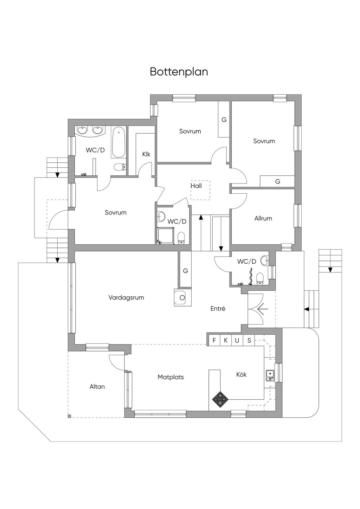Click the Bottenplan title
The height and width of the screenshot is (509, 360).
pyautogui.click(x=179, y=72)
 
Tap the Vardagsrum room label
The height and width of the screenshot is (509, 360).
pyautogui.click(x=126, y=297)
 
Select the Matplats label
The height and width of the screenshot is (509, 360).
pyautogui.click(x=171, y=377)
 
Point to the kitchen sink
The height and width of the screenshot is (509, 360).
pyautogui.click(x=270, y=375)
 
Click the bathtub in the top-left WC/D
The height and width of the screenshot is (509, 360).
pyautogui.click(x=118, y=142)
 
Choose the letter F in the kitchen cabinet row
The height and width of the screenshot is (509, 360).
pyautogui.click(x=214, y=340)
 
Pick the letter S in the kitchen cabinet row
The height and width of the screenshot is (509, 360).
pyautogui.click(x=249, y=340)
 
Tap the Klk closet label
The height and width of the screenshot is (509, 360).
pyautogui.click(x=146, y=154)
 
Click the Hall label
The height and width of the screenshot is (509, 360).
pyautogui.click(x=196, y=186)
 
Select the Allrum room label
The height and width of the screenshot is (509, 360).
pyautogui.click(x=263, y=218)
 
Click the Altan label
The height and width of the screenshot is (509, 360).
pyautogui.click(x=97, y=386)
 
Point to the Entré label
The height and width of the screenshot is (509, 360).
pyautogui.click(x=218, y=308)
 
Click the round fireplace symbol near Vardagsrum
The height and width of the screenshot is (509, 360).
pyautogui.click(x=182, y=298)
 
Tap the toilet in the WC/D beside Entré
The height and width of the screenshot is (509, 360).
pyautogui.click(x=260, y=278)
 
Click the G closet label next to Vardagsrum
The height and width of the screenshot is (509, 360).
pyautogui.click(x=185, y=271)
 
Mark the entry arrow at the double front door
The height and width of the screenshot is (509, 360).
pyautogui.click(x=262, y=309)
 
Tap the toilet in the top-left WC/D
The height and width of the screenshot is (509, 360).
pyautogui.click(x=120, y=167)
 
